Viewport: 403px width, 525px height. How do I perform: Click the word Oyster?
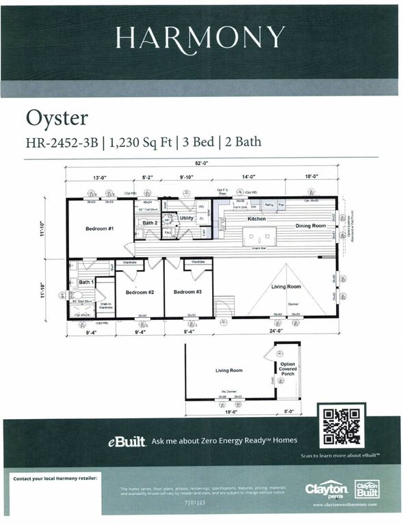[57, 118]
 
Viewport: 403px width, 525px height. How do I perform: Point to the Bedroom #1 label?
[99, 228]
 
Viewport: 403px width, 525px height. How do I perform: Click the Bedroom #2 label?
[139, 292]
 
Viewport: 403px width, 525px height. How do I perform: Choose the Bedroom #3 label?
[187, 292]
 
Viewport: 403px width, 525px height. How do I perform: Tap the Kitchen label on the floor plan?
[256, 218]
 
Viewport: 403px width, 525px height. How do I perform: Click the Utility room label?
[187, 218]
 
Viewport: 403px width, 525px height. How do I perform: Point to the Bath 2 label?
[151, 223]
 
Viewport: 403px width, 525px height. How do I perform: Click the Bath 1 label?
[86, 282]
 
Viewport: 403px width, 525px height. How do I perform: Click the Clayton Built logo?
[366, 489]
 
